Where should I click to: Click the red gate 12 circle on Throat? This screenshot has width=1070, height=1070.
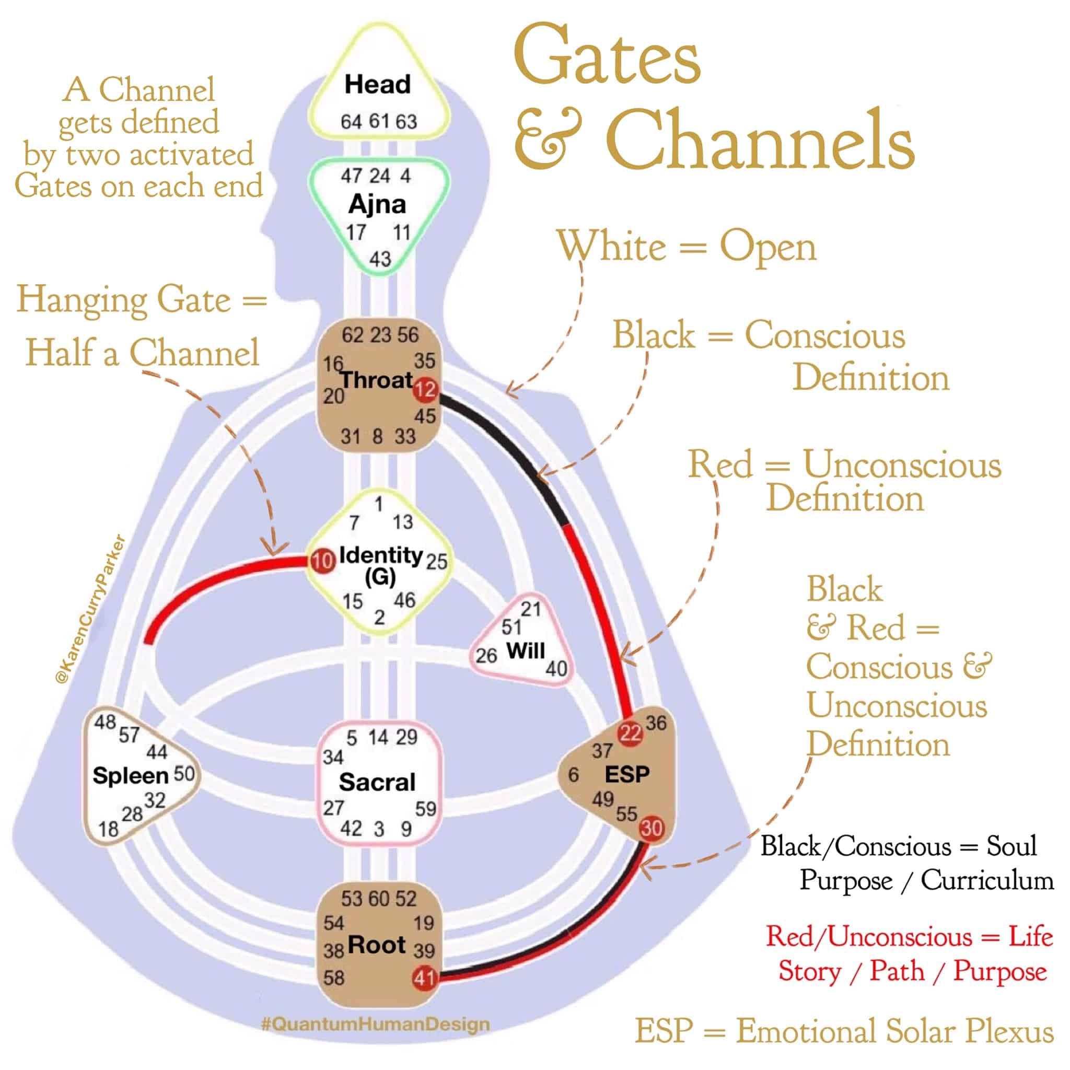[425, 389]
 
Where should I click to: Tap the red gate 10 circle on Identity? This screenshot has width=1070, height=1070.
[322, 562]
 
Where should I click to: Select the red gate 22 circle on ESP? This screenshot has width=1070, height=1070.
[630, 733]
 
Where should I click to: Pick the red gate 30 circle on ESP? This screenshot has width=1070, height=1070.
[652, 829]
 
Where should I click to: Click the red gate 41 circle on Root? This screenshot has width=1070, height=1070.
[424, 978]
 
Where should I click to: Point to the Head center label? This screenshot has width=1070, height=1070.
[378, 85]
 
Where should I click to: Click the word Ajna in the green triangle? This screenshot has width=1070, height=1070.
[378, 204]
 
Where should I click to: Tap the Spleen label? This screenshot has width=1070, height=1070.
[131, 775]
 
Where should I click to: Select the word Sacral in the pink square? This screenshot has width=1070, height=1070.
[377, 783]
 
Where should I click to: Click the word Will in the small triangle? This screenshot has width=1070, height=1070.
[526, 651]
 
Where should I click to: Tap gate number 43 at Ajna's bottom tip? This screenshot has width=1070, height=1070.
[380, 259]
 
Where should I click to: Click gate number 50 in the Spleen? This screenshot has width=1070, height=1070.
[184, 774]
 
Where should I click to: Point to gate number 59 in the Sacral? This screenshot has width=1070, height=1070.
[425, 809]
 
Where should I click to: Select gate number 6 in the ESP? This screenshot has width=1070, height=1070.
[573, 775]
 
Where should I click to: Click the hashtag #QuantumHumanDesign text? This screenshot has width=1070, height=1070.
[376, 1024]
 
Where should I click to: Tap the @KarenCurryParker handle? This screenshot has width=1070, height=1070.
[91, 610]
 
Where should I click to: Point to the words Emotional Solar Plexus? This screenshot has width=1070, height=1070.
[894, 1031]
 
